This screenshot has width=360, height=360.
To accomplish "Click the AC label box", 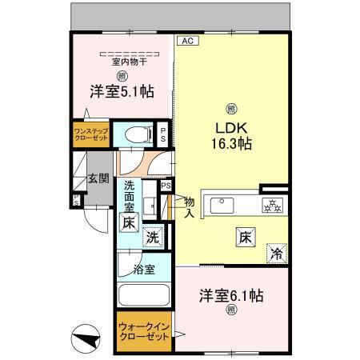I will (x=186, y=39).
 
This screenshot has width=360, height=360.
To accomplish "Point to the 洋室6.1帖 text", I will (x=231, y=296).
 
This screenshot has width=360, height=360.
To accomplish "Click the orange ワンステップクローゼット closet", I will (x=90, y=134).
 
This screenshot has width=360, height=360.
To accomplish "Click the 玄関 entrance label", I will (x=98, y=178).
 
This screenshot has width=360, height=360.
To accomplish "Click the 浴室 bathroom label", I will (x=144, y=270).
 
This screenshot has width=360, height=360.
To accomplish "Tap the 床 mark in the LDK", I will (x=245, y=238).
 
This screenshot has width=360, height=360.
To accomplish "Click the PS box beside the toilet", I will (x=163, y=134).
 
